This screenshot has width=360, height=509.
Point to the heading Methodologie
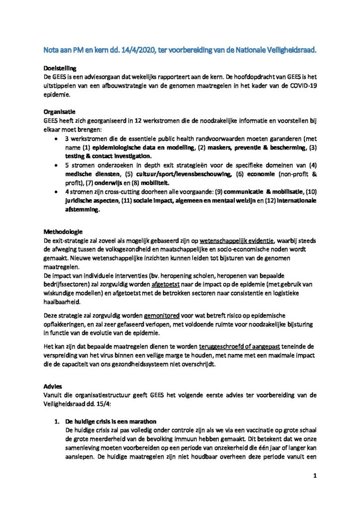coord(63,232)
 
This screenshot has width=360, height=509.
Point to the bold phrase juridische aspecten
coord(93,201)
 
